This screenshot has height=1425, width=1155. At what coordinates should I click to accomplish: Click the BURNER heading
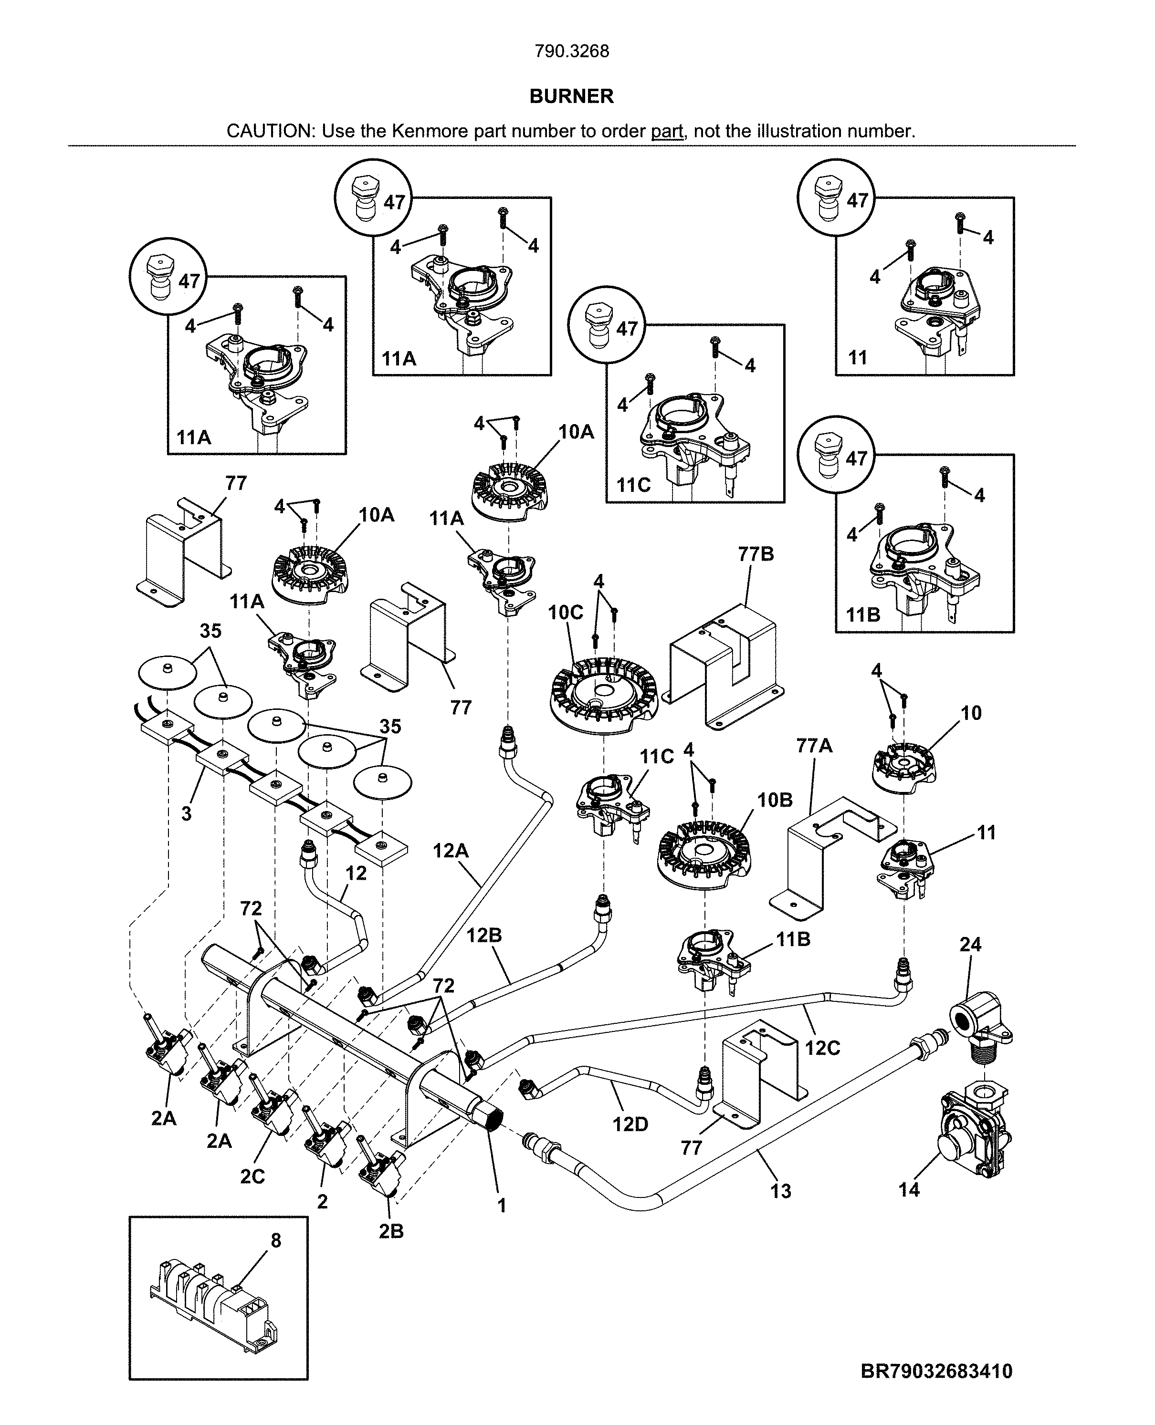click(x=571, y=96)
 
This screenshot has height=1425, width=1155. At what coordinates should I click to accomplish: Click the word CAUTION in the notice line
click(x=270, y=131)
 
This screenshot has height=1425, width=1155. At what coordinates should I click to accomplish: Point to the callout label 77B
click(x=756, y=554)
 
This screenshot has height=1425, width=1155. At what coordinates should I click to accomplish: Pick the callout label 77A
click(x=814, y=746)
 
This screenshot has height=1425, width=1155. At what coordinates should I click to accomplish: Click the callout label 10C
click(x=566, y=613)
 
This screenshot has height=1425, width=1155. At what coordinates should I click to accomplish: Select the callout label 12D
click(x=630, y=1124)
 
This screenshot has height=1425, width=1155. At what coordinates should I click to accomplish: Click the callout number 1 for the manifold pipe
click(x=502, y=1206)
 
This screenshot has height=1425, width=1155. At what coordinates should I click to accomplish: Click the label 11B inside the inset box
click(x=863, y=615)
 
